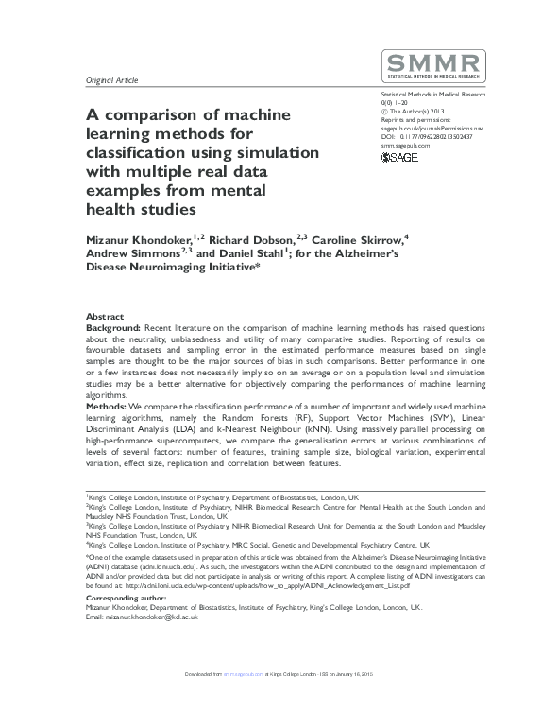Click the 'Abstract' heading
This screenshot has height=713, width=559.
coord(105,316)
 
